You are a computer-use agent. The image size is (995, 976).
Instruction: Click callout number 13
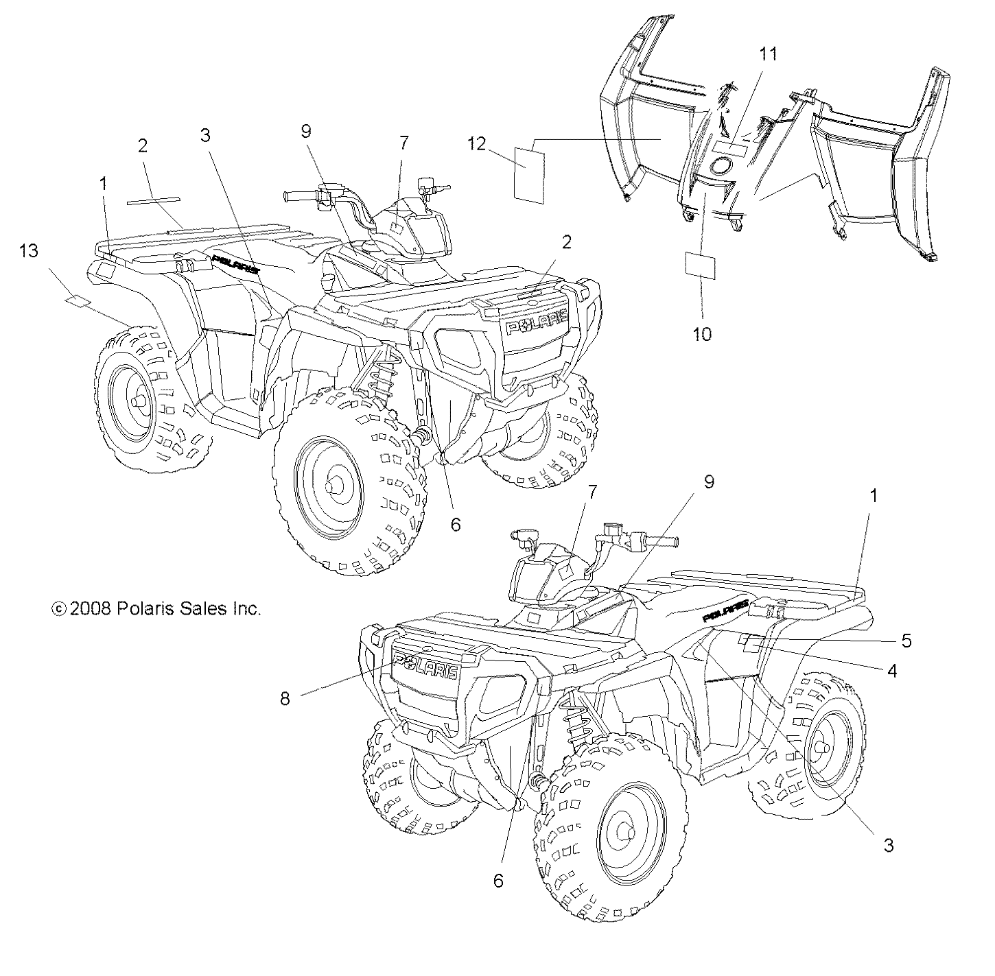[x=29, y=251]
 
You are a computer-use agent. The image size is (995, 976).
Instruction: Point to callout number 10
[x=702, y=334]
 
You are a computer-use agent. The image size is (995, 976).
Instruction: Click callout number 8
[x=285, y=698]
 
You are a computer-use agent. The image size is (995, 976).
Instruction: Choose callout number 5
[x=906, y=641]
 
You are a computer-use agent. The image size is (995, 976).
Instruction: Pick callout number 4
[x=892, y=671]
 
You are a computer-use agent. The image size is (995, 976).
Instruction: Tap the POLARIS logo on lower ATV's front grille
[x=425, y=667]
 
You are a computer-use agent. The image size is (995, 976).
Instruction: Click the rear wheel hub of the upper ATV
[x=134, y=401]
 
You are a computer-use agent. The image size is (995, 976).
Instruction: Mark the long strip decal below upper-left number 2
[x=153, y=200]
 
